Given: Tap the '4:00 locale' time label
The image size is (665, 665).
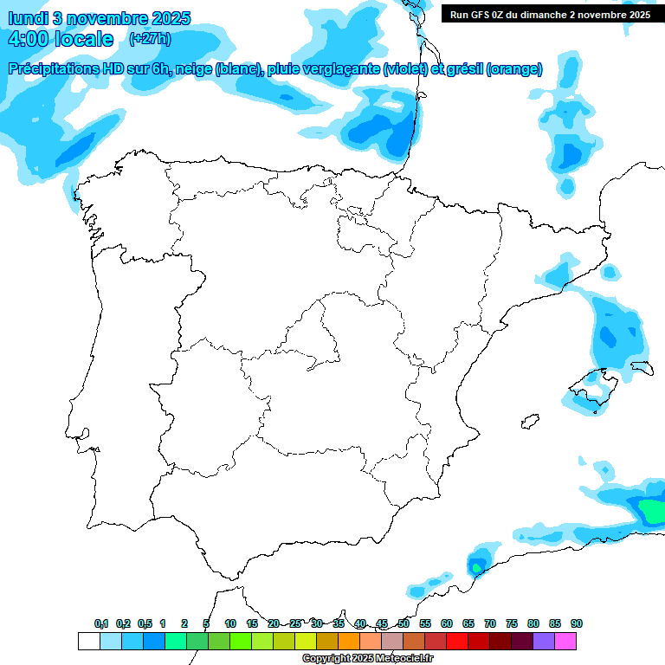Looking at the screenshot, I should [x=61, y=39].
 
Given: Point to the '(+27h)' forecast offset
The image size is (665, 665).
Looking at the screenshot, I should [x=150, y=39].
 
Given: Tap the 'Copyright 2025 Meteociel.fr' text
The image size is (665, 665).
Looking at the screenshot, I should [x=368, y=659].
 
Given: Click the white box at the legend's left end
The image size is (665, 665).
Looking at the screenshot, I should [x=88, y=641].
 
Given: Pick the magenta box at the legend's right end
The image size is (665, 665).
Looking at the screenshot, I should [x=565, y=641].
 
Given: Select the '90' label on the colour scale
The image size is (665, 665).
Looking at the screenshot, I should [x=577, y=623].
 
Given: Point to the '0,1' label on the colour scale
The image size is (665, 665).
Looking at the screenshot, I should [x=101, y=623].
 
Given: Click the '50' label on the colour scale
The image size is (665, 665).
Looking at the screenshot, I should [x=404, y=623].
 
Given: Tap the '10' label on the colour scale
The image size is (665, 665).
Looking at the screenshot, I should [x=230, y=623].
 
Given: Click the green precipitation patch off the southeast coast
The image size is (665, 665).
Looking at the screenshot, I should [x=651, y=511].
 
